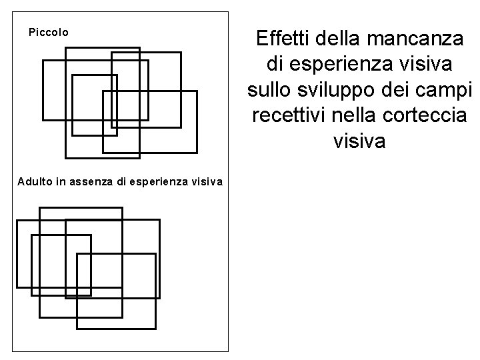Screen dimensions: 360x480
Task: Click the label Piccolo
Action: click(x=48, y=31)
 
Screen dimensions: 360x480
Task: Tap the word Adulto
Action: click(x=33, y=181)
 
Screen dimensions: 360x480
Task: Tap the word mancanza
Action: click(x=418, y=39)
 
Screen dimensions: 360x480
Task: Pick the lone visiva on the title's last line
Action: click(x=361, y=141)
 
